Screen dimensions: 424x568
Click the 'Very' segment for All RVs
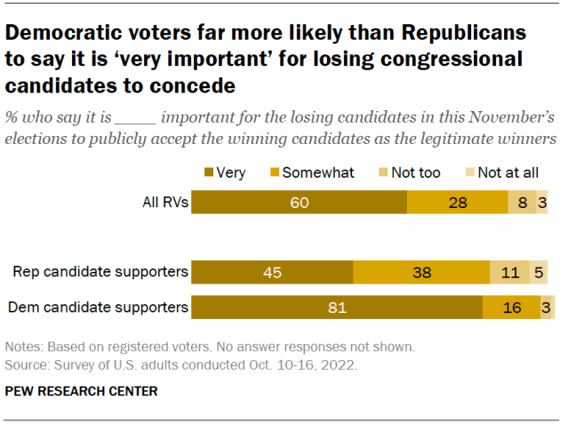click(x=299, y=202)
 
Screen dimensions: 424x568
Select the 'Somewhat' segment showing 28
click(x=457, y=202)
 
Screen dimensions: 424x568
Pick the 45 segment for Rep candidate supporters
click(x=272, y=272)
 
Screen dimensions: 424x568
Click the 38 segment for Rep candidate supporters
click(x=421, y=272)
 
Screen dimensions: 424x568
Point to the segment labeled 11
click(x=509, y=272)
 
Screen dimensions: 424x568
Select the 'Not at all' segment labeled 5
click(x=540, y=272)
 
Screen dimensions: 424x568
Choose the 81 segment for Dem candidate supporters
click(x=337, y=308)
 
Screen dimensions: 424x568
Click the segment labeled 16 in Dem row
click(x=511, y=308)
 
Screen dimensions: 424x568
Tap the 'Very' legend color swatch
click(x=209, y=172)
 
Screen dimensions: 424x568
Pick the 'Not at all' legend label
click(x=509, y=172)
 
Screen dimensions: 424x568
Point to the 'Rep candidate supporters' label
click(x=100, y=272)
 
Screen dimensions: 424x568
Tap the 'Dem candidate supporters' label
click(x=98, y=308)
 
